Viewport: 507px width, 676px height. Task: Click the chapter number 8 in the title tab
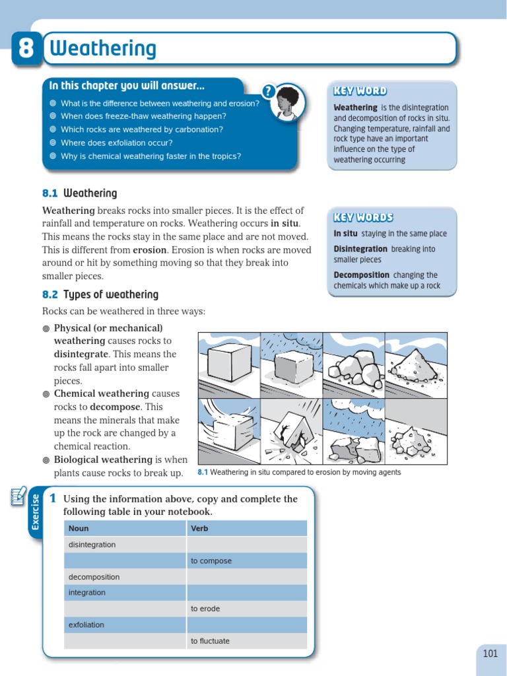click(x=26, y=50)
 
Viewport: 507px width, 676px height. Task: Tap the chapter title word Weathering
click(x=104, y=49)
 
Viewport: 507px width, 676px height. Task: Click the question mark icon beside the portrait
click(x=268, y=92)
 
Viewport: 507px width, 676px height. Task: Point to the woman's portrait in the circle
click(x=287, y=103)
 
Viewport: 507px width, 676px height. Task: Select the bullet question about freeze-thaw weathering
click(x=143, y=116)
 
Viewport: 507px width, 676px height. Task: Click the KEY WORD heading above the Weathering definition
click(x=360, y=91)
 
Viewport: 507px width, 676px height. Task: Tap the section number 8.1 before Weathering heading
click(x=50, y=193)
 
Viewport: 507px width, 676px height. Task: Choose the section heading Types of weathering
click(x=111, y=294)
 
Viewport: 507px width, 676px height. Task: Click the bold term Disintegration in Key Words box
click(x=360, y=249)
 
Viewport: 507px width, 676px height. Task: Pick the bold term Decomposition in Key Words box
click(x=362, y=275)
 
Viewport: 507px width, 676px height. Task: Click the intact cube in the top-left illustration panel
click(x=228, y=362)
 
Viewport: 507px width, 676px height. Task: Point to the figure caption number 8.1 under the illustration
click(x=203, y=473)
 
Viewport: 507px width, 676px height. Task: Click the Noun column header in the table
click(x=79, y=528)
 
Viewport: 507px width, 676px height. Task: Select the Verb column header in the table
click(x=199, y=528)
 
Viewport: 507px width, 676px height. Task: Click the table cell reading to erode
click(x=205, y=609)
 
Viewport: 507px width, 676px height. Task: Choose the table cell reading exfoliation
click(x=86, y=625)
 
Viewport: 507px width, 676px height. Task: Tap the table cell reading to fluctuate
click(x=210, y=640)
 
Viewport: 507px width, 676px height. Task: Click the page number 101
click(x=490, y=654)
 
